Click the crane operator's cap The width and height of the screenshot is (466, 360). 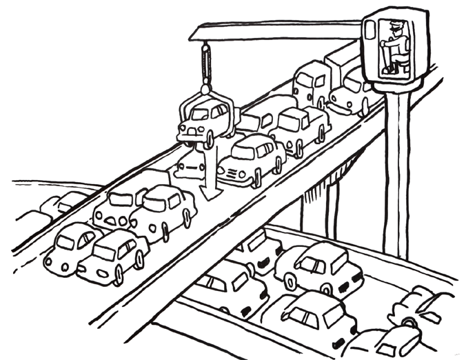(392, 26)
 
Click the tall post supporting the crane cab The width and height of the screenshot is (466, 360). (398, 172)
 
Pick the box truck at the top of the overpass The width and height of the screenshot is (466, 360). (314, 79)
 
